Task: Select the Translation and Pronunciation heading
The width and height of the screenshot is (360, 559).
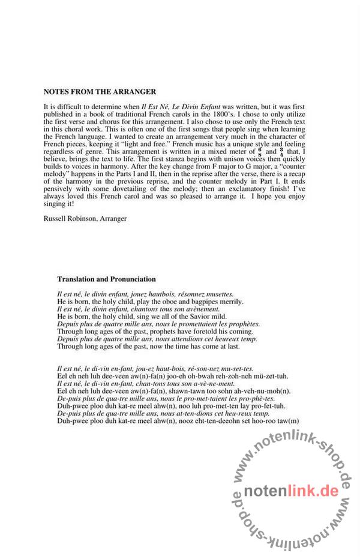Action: [106, 279]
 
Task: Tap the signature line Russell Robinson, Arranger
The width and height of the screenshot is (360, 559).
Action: [85, 219]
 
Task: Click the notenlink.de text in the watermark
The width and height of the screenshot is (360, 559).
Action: [292, 491]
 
